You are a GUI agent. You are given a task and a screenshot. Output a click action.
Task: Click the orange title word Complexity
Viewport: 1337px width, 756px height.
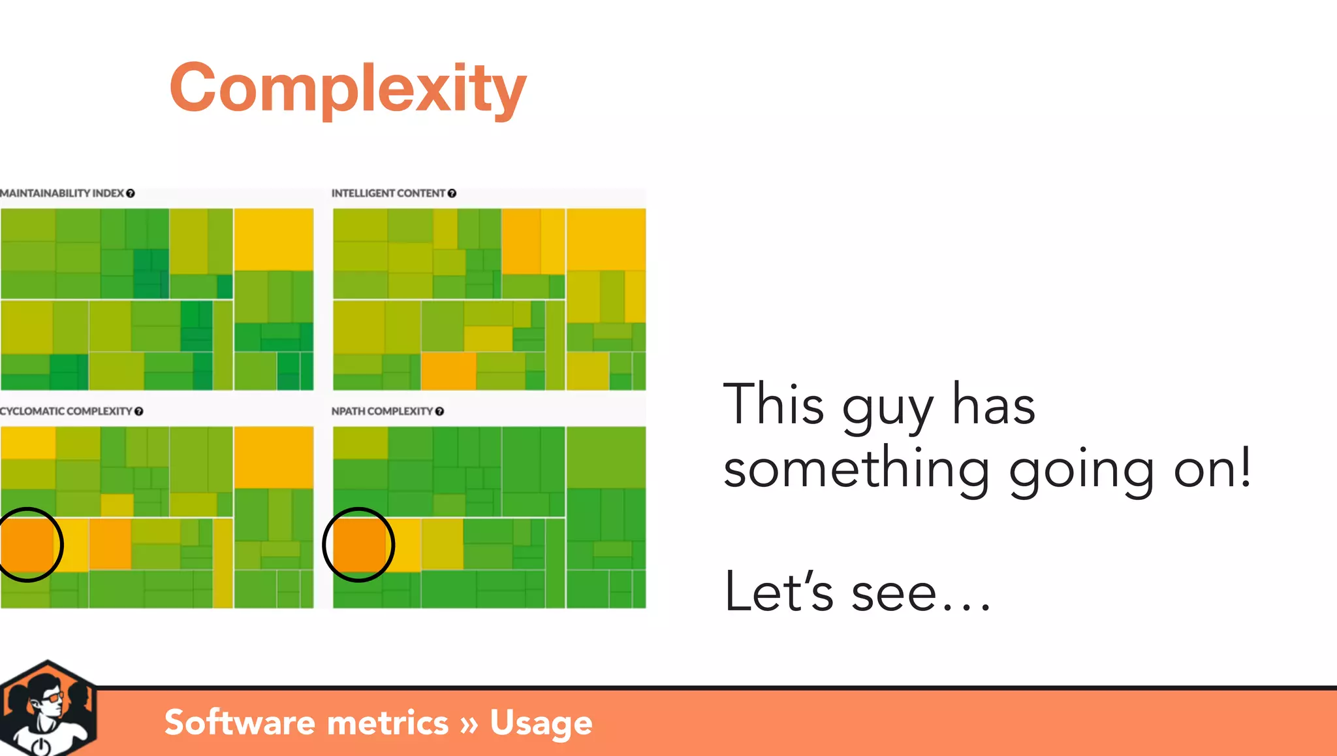tap(347, 88)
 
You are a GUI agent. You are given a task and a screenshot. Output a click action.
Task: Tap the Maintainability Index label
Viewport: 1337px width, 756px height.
tap(62, 193)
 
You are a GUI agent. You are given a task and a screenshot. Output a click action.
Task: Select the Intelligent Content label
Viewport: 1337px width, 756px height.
tap(388, 193)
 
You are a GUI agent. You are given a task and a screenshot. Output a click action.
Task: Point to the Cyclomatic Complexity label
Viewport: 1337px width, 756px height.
tap(65, 411)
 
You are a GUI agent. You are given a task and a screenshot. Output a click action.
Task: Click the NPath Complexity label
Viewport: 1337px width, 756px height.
tap(382, 411)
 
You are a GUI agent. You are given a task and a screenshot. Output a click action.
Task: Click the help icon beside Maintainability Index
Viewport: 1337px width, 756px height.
tap(131, 193)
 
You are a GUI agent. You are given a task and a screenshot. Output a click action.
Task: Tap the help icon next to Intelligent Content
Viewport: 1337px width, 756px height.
tap(452, 193)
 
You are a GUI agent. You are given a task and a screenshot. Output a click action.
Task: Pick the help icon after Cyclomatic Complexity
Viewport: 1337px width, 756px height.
tap(139, 411)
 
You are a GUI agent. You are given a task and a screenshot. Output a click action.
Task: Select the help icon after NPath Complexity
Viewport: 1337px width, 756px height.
tap(439, 411)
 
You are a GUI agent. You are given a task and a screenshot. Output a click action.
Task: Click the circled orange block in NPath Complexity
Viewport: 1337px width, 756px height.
tap(358, 544)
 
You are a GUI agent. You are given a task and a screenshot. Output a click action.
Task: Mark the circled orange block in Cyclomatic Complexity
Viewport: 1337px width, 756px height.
tap(27, 544)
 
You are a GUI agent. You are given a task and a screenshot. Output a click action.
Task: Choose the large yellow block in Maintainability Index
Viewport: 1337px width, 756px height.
tap(274, 238)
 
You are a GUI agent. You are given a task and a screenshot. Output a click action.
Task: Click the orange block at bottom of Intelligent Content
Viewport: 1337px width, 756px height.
tap(448, 370)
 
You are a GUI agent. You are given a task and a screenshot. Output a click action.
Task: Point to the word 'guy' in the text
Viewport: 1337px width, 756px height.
tap(888, 408)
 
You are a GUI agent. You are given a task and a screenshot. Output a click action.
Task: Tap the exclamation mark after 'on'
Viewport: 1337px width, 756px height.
tap(1245, 467)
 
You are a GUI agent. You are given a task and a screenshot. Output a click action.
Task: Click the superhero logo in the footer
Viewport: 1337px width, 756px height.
tap(48, 709)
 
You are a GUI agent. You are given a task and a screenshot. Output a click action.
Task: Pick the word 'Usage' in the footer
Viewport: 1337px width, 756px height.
tap(541, 723)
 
